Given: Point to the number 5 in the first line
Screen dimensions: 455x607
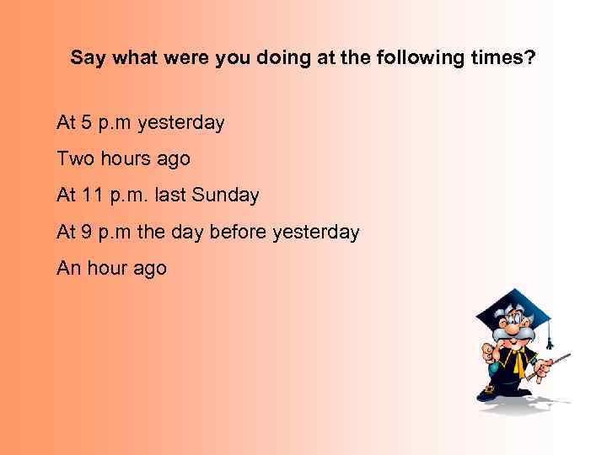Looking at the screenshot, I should point(86,123).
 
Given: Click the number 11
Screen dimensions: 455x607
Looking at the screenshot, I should point(92,195).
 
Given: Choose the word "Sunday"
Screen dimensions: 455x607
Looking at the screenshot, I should point(225,195).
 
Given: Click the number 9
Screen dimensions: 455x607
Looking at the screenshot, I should point(86,232).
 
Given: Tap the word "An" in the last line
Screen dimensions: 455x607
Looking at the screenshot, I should point(68,268).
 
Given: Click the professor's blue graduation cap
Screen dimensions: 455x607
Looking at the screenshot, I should point(511,308).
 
